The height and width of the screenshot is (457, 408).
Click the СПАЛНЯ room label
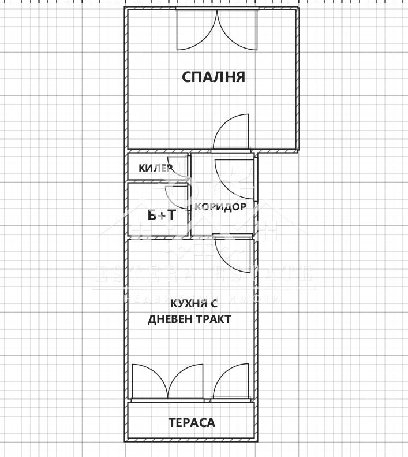tap(214, 77)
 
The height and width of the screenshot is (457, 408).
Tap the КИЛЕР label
tap(155, 168)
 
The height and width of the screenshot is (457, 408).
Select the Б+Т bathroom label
tap(162, 215)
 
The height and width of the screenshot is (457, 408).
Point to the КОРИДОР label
tap(220, 207)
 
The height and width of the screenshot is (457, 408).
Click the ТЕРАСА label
tap(192, 423)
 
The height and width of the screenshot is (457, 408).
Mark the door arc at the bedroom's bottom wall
tap(232, 133)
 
